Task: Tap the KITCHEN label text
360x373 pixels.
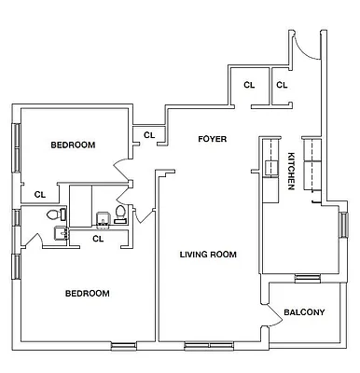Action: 291,171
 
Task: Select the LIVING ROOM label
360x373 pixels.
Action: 207,254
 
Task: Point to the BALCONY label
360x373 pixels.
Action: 304,312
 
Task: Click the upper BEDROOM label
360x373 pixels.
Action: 73,145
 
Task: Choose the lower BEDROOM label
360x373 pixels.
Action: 87,293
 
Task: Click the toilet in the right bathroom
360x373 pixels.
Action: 119,216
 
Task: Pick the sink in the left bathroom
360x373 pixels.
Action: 60,233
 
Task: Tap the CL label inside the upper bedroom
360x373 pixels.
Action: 40,195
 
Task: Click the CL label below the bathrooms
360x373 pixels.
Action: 98,238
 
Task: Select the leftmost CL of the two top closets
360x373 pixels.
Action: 249,85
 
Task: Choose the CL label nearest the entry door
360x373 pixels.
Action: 282,85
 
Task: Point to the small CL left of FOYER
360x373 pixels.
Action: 148,135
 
